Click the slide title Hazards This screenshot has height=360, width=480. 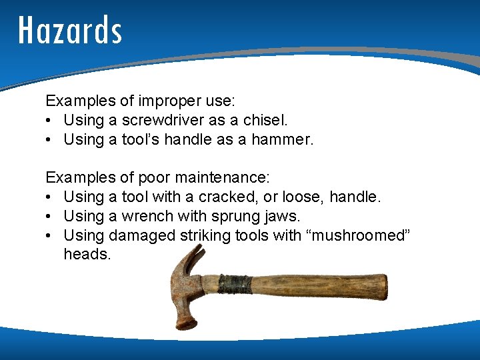click(x=70, y=30)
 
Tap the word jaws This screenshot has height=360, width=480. click(x=282, y=217)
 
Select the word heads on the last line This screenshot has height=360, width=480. click(x=87, y=255)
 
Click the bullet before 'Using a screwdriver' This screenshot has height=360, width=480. click(x=51, y=121)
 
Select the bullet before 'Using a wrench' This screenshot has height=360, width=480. click(x=51, y=217)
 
